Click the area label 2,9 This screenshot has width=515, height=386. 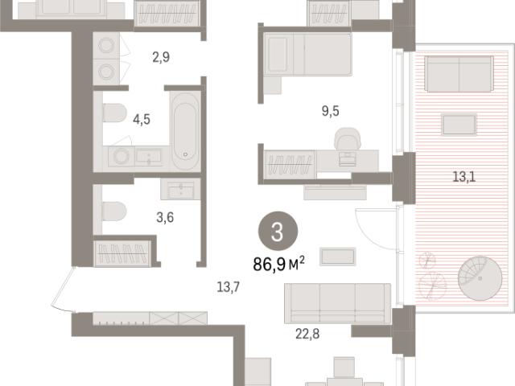click(x=161, y=57)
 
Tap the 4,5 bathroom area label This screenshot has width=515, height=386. click(x=142, y=119)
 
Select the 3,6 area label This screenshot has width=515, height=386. click(x=165, y=217)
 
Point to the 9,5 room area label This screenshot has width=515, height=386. click(x=331, y=111)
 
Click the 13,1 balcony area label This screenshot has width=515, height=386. click(x=464, y=177)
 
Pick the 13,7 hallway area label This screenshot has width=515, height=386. click(x=228, y=287)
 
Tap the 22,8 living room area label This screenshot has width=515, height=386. click(x=307, y=335)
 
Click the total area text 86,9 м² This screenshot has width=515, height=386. click(x=279, y=265)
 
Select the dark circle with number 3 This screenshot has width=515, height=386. click(x=278, y=231)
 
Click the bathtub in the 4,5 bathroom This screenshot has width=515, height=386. click(x=185, y=130)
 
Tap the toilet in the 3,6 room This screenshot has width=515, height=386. click(x=114, y=211)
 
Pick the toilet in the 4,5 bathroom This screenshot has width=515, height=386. click(x=114, y=113)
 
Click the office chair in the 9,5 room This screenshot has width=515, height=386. click(x=347, y=138)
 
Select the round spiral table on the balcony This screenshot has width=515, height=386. click(x=480, y=279)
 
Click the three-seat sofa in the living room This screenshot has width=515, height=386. click(x=338, y=303)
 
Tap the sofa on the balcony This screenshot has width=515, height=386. click(x=459, y=73)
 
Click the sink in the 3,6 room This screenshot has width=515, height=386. click(x=180, y=189)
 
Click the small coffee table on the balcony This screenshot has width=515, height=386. click(x=459, y=125)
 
